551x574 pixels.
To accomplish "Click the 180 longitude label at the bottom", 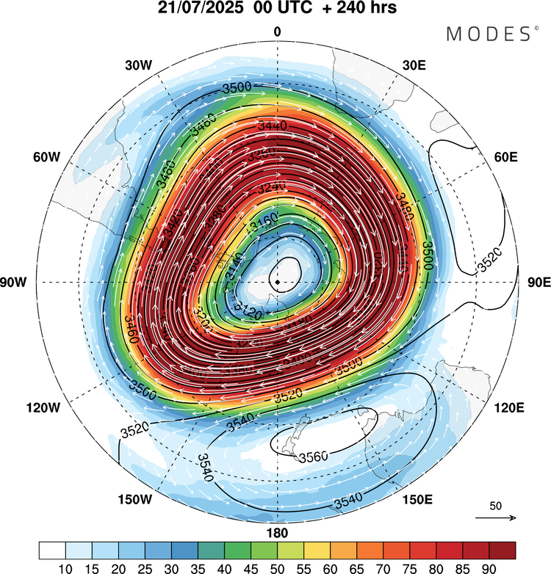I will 277,533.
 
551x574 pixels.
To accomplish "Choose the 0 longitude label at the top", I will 277,32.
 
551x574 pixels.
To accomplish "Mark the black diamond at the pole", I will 277,282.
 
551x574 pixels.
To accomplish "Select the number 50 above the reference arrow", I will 496,506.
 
